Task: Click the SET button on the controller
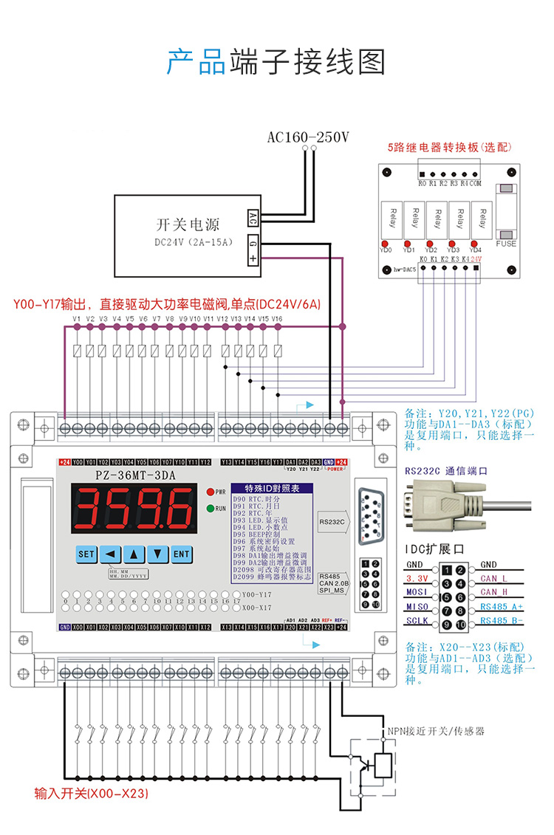(x=86, y=554)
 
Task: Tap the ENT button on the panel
(x=182, y=554)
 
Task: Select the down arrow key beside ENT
(x=157, y=554)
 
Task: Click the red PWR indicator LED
(x=211, y=491)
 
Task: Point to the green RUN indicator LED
(x=211, y=508)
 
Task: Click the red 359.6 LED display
(x=134, y=509)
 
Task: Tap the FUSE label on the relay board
(x=506, y=244)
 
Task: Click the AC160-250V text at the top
(x=308, y=137)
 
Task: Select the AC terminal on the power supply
(x=253, y=219)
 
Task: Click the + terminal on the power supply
(x=253, y=258)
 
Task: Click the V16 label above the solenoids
(x=277, y=319)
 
